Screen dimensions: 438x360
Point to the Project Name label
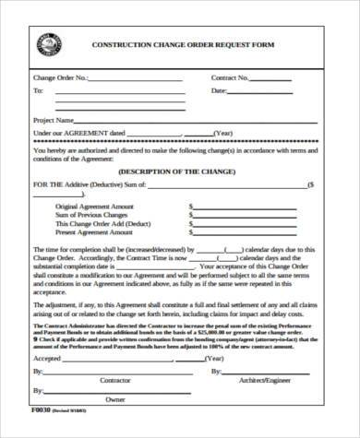[x=54, y=120]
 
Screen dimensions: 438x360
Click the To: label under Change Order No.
[x=38, y=91]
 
